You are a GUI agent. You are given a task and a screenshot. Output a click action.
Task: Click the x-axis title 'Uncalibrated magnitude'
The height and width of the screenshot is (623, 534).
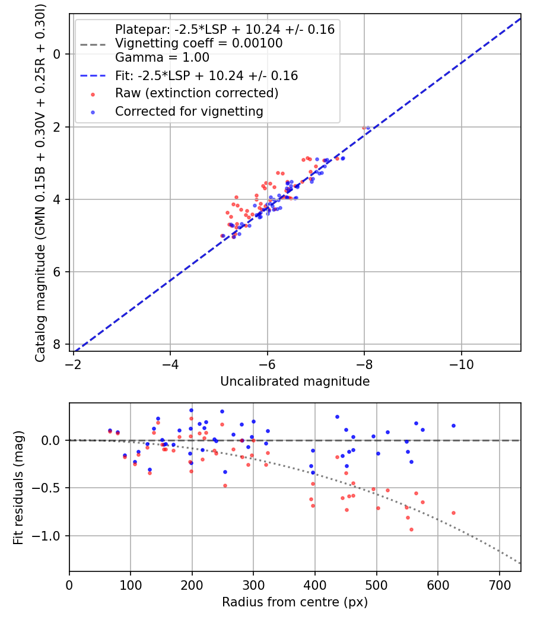click(295, 382)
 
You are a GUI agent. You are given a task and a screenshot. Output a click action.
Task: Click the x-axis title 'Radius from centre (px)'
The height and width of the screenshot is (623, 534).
click(295, 602)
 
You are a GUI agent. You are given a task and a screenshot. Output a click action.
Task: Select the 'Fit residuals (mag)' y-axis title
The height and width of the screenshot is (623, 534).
click(18, 487)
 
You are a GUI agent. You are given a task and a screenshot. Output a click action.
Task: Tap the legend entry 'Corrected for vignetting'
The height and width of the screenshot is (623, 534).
click(189, 111)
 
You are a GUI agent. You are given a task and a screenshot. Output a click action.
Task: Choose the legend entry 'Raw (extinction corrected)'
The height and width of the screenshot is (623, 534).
click(196, 93)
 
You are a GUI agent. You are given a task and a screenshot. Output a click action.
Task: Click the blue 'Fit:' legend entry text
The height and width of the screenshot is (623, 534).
click(206, 76)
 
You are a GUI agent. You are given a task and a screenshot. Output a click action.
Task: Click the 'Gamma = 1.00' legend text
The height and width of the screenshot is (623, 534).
click(162, 58)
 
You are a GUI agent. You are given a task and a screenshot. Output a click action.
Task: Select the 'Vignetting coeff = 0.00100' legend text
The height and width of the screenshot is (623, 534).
click(199, 43)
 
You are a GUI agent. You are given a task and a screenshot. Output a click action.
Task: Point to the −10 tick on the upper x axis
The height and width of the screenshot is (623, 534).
click(461, 363)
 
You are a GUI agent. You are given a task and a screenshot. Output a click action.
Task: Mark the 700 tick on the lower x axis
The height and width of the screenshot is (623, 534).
click(499, 584)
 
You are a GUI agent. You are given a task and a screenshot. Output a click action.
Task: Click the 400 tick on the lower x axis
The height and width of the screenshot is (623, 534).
click(315, 584)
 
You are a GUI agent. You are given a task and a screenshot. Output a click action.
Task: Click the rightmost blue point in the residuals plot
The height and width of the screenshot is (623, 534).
click(453, 425)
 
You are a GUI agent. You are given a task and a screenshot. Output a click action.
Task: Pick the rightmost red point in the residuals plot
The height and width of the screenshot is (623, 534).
click(453, 513)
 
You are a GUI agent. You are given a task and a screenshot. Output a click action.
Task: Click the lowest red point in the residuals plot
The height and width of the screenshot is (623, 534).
click(411, 529)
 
